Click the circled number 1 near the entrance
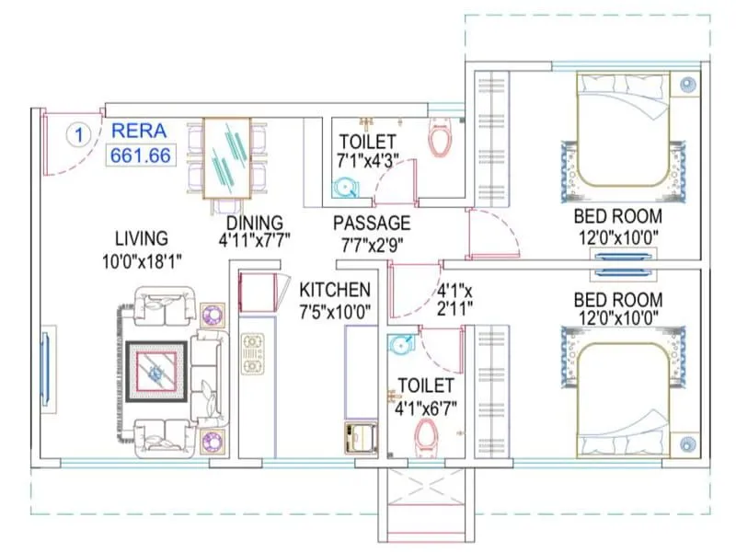(x=79, y=134)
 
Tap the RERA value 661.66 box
(x=141, y=155)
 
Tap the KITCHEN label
(x=335, y=290)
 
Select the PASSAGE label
(x=372, y=223)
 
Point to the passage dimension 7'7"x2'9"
(x=372, y=244)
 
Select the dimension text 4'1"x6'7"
(x=425, y=406)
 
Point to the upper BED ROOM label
(x=617, y=217)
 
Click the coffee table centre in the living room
(x=157, y=373)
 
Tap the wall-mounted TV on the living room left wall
(x=45, y=367)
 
